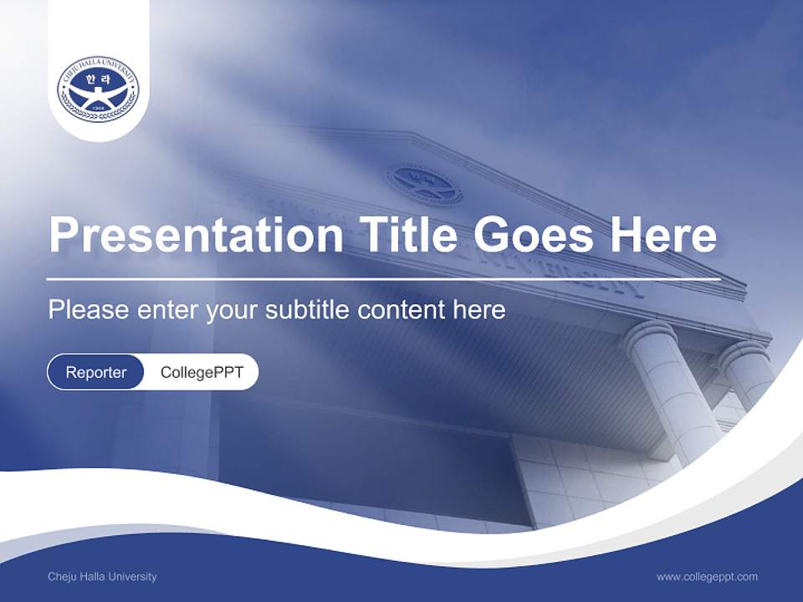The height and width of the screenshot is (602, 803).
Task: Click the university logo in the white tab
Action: (98, 89)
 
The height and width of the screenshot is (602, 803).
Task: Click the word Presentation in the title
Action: (196, 235)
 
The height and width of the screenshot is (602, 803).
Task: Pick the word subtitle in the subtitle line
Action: (308, 309)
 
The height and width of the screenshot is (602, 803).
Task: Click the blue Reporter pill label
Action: (96, 372)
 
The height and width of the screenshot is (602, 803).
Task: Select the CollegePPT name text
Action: (202, 372)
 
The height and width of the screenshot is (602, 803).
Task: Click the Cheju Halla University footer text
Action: (102, 576)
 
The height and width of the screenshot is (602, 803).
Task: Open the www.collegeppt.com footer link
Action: (707, 576)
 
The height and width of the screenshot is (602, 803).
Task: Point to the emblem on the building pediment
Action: (424, 185)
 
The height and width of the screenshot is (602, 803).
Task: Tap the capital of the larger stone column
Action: (650, 334)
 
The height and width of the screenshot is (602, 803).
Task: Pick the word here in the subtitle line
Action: (479, 309)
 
